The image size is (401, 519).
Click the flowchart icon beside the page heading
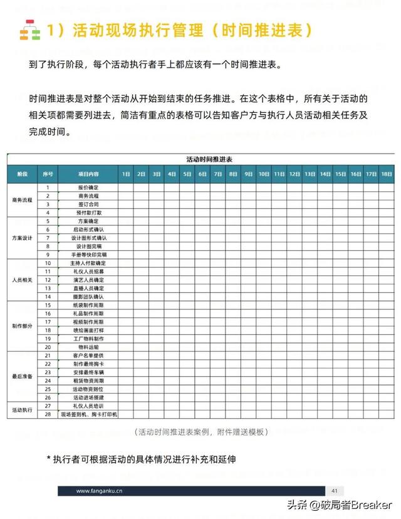(28, 30)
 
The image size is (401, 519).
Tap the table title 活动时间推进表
(200, 159)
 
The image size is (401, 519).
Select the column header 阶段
(23, 174)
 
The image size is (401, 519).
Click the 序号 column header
(48, 174)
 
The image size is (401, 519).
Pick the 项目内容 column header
(88, 174)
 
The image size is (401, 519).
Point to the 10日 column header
(264, 174)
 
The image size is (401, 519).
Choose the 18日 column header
(387, 174)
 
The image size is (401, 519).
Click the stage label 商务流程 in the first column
(23, 200)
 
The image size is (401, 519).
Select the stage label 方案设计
(23, 238)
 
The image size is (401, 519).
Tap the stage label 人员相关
(23, 280)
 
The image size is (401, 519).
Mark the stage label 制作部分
(23, 326)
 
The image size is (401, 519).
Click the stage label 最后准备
(23, 376)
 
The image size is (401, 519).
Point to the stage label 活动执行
(23, 410)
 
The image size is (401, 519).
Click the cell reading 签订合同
(88, 204)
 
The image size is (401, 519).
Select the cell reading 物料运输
(88, 347)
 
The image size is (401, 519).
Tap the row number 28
(48, 414)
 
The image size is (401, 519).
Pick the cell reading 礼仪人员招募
(88, 271)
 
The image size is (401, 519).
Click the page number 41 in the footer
(335, 491)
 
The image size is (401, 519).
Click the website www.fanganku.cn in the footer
(100, 491)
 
